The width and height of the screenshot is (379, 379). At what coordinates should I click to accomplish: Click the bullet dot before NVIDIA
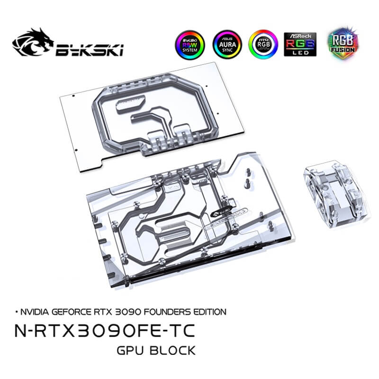pyautogui.click(x=17, y=312)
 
